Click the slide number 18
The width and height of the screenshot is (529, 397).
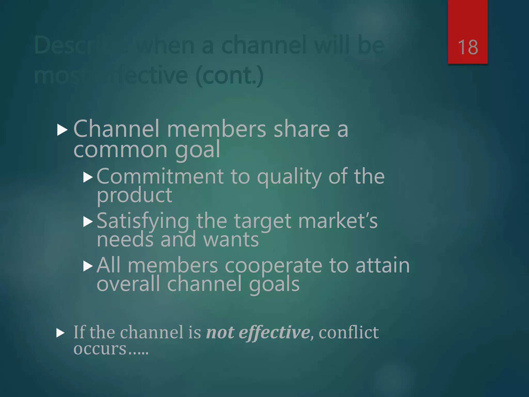click(x=468, y=47)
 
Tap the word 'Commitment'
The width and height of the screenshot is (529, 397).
click(x=160, y=177)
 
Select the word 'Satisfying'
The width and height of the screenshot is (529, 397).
click(x=143, y=221)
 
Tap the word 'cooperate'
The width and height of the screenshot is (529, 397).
click(x=273, y=266)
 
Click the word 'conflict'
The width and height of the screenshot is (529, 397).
click(x=349, y=332)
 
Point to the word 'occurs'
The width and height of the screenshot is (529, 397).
click(x=100, y=349)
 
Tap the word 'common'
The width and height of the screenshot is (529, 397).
click(x=120, y=149)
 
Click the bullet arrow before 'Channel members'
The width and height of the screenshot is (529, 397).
click(x=62, y=130)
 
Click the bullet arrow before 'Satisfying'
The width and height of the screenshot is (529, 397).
click(x=88, y=222)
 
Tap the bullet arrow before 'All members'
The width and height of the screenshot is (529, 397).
click(x=88, y=266)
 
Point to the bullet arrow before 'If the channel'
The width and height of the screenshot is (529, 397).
click(x=60, y=333)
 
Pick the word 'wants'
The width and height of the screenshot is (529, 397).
click(x=231, y=240)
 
